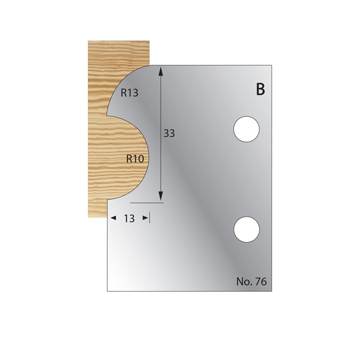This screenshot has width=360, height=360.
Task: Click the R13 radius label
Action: pos(129,92)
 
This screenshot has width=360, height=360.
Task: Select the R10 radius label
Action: pos(135,159)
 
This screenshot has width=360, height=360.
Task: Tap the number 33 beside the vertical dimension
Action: pos(169,133)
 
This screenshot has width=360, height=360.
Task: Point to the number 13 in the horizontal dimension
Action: pos(129,218)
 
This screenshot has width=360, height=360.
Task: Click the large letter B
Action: pos(260,90)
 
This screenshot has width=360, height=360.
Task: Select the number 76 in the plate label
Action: pos(260,281)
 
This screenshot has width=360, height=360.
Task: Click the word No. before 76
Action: pos(243,281)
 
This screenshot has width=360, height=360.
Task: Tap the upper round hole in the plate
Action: pos(247,129)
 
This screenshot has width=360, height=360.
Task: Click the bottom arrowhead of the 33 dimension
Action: pos(161,198)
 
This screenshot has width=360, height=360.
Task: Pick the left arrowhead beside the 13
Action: pos(112,218)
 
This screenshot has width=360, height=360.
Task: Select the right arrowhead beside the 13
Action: pos(145,218)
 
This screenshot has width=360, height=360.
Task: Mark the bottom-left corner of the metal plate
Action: pos(107,291)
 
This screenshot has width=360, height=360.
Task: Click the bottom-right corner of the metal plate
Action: pos(272,291)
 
